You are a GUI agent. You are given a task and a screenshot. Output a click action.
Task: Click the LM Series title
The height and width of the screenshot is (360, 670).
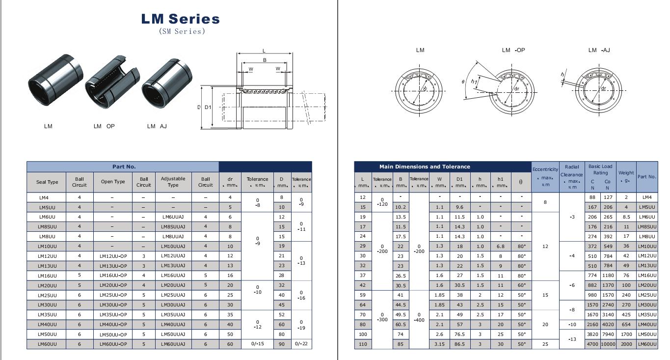[180, 19]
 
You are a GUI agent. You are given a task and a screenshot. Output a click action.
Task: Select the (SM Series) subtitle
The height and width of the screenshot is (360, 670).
[181, 31]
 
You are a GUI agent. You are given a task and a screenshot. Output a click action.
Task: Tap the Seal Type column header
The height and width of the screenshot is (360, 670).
[47, 182]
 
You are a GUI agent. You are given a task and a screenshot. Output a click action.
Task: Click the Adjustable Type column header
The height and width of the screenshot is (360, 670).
[173, 182]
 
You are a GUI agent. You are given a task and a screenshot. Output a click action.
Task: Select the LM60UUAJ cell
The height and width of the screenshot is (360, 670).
[173, 344]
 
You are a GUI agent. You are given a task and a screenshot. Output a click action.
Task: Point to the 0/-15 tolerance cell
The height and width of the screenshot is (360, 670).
[257, 344]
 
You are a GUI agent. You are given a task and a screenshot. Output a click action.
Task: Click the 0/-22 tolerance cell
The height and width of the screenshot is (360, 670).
[301, 344]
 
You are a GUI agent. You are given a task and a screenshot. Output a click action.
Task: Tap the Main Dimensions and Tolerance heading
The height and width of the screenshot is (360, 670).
[425, 166]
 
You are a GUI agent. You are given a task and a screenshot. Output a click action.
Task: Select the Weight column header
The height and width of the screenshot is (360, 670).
[626, 176]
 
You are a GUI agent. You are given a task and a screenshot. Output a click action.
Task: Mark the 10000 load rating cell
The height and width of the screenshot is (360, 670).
[607, 344]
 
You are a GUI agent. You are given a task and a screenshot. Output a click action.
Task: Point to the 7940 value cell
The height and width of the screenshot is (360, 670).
[607, 334]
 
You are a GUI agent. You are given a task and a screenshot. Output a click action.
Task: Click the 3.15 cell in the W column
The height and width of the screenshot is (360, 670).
[439, 344]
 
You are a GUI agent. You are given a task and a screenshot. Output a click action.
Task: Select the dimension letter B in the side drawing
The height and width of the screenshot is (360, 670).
[265, 60]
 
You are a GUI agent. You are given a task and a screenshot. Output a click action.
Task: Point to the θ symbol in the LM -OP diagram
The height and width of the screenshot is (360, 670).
[463, 82]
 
